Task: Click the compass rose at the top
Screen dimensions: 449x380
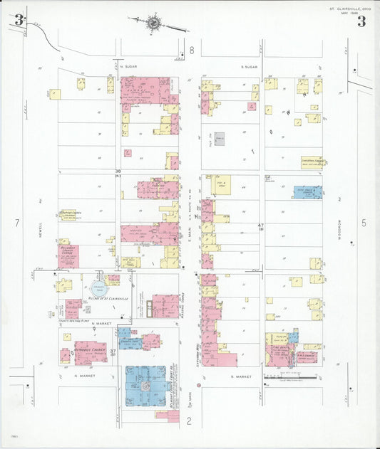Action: point(153,23)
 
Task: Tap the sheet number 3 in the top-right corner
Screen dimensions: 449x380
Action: point(361,21)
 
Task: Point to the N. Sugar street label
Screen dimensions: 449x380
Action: point(128,67)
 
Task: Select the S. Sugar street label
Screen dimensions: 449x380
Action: point(248,67)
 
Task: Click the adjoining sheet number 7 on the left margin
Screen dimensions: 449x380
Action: point(16,223)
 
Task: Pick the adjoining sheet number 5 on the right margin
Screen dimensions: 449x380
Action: point(364,223)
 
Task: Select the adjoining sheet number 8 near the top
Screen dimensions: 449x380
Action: point(191,51)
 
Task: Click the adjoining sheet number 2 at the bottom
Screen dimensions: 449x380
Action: point(190,421)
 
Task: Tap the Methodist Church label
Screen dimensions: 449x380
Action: point(91,349)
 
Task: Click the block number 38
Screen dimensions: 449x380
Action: point(118,171)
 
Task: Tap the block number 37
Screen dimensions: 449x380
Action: point(113,352)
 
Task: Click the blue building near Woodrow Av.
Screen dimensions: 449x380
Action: point(307,191)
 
